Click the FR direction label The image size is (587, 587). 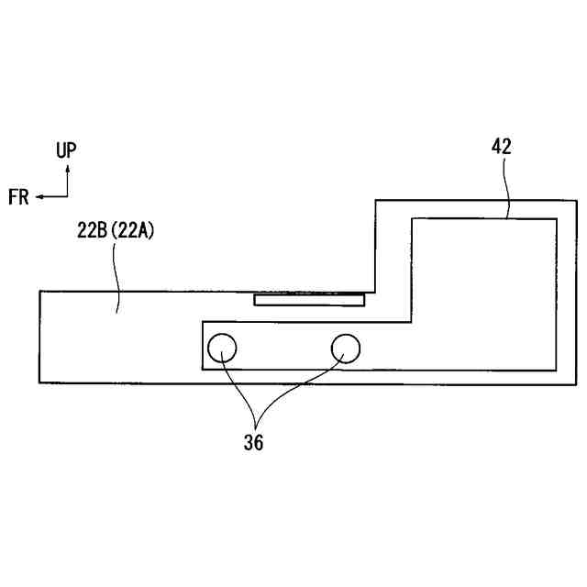[18, 196]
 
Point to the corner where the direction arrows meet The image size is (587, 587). [66, 195]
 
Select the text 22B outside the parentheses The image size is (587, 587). [92, 232]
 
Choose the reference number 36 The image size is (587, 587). [253, 442]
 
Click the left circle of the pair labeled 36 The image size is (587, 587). [223, 348]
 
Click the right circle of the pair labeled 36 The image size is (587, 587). [345, 348]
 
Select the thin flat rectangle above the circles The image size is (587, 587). [309, 299]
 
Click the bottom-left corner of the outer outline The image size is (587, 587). [39, 382]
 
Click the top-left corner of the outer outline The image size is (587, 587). [39, 291]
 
